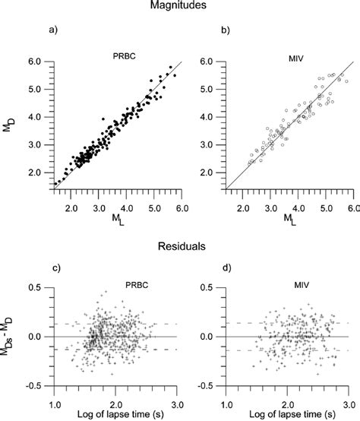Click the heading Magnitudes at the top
(180, 7)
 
